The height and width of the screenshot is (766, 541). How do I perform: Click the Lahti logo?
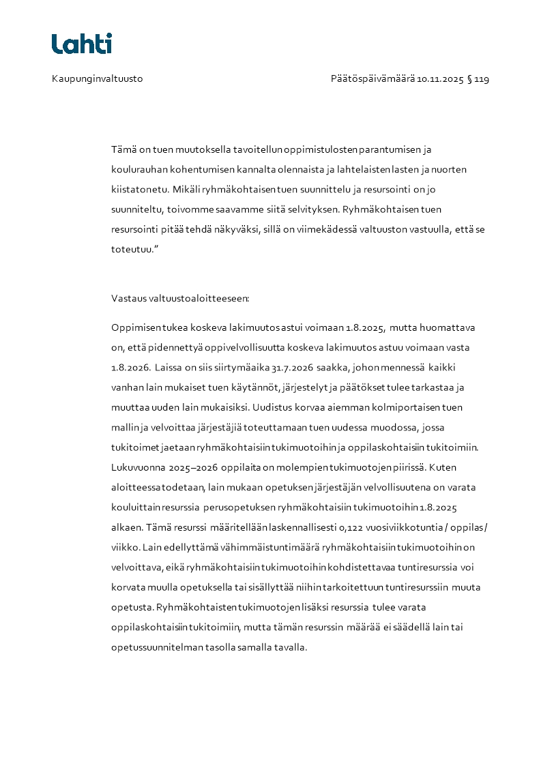82,44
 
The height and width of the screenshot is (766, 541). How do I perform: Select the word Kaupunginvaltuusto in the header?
97,79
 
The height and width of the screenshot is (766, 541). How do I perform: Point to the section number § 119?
478,79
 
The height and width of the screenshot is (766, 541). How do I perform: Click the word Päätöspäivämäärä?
372,79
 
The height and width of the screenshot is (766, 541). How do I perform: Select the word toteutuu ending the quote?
133,249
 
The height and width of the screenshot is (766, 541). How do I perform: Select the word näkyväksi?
239,229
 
